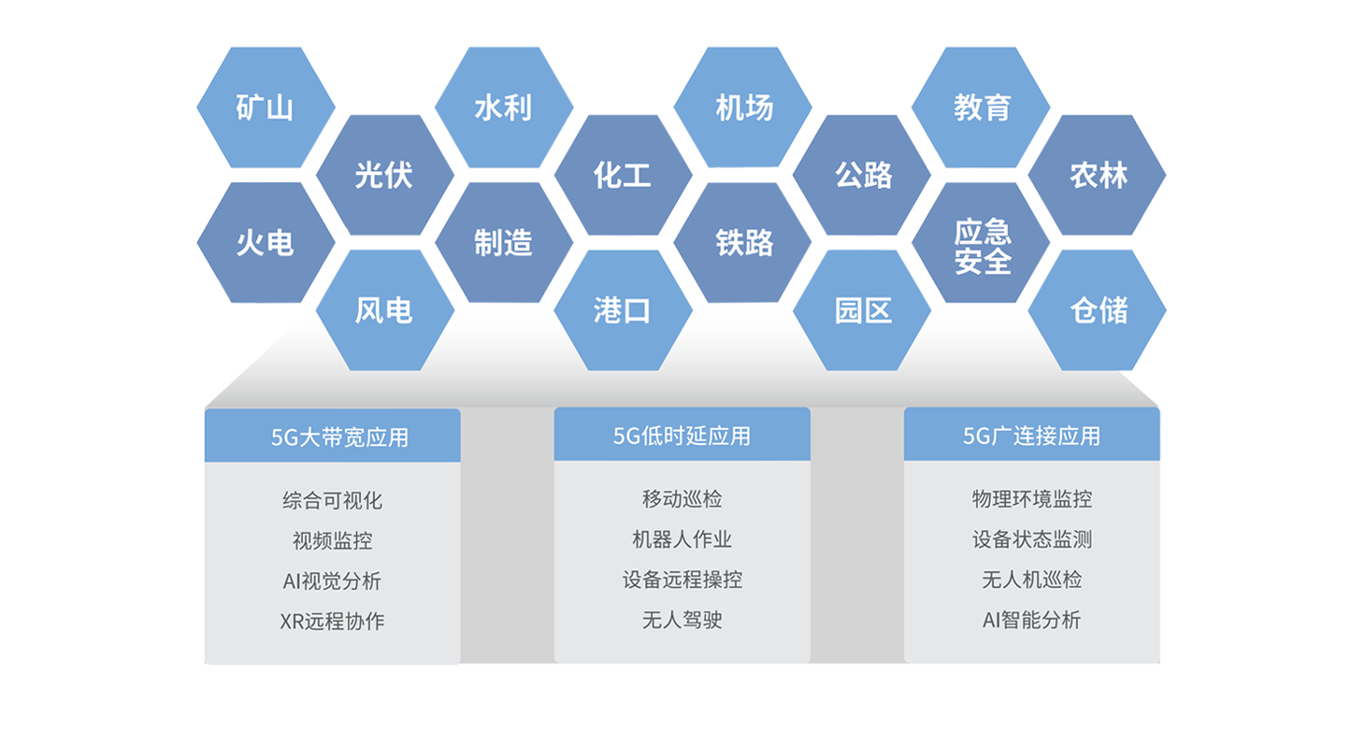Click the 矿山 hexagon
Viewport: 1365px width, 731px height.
click(x=265, y=108)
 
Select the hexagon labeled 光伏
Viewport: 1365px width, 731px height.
click(x=383, y=176)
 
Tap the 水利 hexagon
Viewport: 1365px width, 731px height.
click(x=503, y=108)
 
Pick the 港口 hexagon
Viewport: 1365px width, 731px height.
click(x=622, y=310)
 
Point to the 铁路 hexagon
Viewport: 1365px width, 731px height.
click(x=744, y=243)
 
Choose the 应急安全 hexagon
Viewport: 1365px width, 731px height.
click(x=982, y=245)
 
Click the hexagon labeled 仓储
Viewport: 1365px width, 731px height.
click(x=1099, y=310)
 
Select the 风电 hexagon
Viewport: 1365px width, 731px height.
click(x=383, y=310)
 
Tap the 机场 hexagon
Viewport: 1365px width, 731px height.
click(x=744, y=108)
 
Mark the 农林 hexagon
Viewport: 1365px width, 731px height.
click(x=1099, y=176)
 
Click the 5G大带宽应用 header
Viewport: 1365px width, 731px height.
click(x=333, y=437)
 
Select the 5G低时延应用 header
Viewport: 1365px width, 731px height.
click(x=682, y=436)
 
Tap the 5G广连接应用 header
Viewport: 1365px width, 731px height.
click(x=1031, y=436)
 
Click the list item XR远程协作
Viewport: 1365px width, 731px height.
click(x=333, y=622)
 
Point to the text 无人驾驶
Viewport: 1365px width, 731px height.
click(x=682, y=620)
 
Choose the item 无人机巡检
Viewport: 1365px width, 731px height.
click(x=1031, y=580)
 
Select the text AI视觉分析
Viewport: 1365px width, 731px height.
click(x=333, y=581)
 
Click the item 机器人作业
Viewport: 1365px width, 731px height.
click(x=682, y=539)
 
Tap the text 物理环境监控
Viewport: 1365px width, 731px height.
click(x=1031, y=499)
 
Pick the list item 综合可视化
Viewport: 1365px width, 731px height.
click(x=333, y=500)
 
